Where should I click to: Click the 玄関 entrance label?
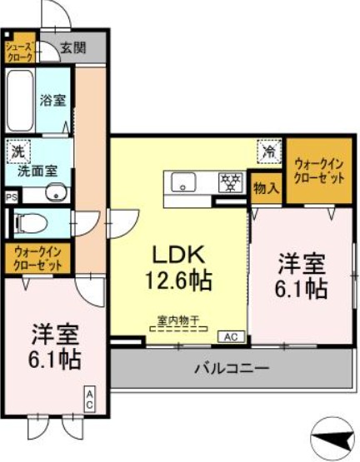[x=72, y=48]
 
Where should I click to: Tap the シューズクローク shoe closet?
[x=19, y=49]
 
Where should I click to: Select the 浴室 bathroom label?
[x=54, y=101]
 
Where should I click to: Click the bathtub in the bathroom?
[x=21, y=100]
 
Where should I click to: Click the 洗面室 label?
[x=38, y=171]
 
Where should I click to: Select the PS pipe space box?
[x=11, y=197]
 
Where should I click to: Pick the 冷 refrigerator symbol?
[x=269, y=152]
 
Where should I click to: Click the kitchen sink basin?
[x=183, y=182]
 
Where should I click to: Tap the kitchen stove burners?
[x=229, y=181]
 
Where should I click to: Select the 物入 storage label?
[x=266, y=189]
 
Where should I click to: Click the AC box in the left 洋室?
[x=90, y=399]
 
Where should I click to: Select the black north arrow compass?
[x=332, y=435]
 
